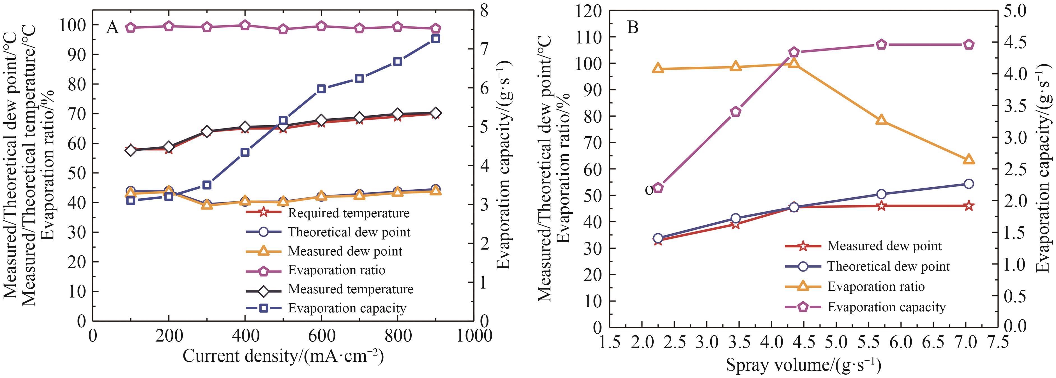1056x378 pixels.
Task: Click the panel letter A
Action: point(112,27)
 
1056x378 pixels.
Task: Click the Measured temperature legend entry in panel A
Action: point(351,289)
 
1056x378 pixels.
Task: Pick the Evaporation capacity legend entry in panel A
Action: point(347,308)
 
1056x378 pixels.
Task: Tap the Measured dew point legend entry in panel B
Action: point(884,246)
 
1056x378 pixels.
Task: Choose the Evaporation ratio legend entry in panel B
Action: point(876,286)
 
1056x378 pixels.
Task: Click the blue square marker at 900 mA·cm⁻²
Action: point(436,38)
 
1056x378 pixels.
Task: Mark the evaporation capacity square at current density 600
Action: point(321,89)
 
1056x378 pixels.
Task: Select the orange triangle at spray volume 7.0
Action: point(969,159)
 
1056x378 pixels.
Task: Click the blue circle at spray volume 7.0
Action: point(969,184)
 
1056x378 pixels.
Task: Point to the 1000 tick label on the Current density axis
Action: point(474,336)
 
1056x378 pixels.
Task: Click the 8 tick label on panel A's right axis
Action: point(485,11)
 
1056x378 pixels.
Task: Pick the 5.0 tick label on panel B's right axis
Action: point(1037,11)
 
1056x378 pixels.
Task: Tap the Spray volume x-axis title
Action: point(803,364)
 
